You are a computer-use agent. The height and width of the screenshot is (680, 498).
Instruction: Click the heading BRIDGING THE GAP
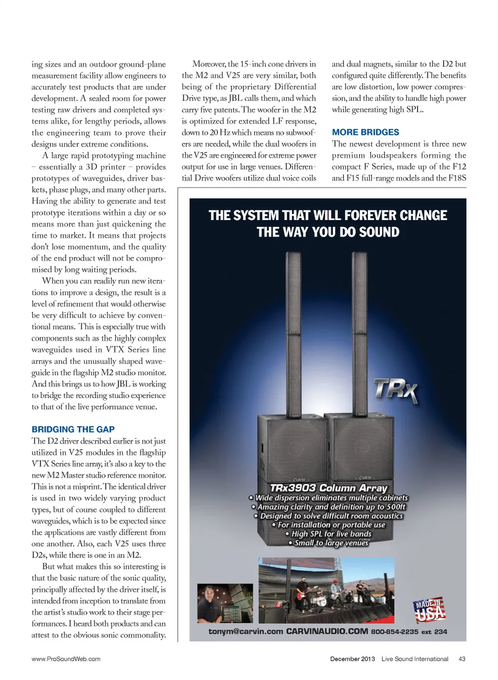tap(73, 429)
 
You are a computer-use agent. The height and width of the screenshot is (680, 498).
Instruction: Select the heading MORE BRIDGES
tap(365, 132)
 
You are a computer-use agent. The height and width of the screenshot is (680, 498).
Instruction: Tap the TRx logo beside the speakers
tap(395, 390)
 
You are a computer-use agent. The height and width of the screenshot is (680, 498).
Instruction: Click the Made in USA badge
tap(430, 609)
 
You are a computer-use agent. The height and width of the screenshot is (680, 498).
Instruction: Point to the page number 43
tap(462, 659)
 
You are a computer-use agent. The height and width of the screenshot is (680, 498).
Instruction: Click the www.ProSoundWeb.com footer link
tap(66, 659)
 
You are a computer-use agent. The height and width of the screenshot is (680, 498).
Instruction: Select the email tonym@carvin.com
tap(245, 632)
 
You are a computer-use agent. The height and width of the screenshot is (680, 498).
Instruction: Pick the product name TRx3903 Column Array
tap(328, 488)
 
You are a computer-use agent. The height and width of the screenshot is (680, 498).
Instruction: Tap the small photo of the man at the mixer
tap(225, 603)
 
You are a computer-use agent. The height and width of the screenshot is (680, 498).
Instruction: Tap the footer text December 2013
tap(352, 659)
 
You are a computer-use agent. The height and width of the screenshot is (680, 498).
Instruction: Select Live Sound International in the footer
tap(414, 659)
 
